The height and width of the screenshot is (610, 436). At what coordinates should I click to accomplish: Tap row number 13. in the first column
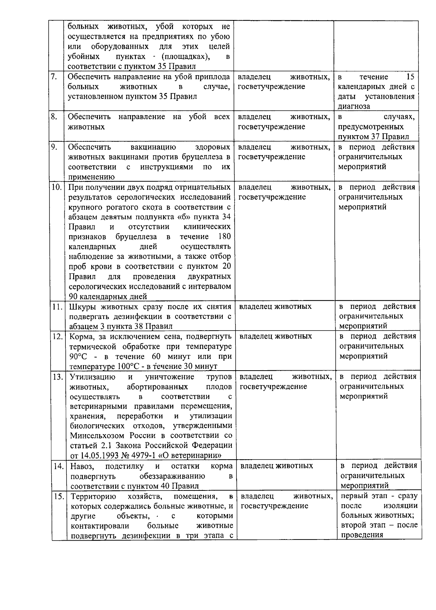click(57, 377)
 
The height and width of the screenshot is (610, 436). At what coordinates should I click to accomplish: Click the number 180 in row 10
click(224, 237)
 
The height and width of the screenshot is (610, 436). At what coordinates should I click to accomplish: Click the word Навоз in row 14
click(81, 466)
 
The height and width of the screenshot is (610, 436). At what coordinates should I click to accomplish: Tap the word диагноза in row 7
click(354, 106)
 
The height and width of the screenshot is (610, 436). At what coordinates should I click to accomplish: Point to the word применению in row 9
click(91, 177)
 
